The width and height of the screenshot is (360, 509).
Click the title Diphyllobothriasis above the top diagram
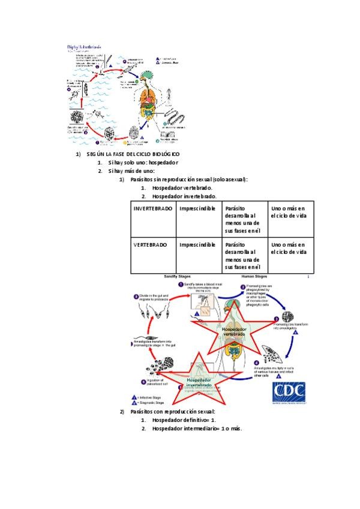(x=84, y=46)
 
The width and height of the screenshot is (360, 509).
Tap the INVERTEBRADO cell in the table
(x=152, y=208)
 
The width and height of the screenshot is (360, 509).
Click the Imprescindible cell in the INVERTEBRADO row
(x=197, y=208)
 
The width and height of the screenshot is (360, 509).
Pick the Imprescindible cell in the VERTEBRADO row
(x=197, y=245)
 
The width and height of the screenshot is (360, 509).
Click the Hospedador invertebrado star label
(x=199, y=382)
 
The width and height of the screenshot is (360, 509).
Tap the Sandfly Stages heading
(x=177, y=277)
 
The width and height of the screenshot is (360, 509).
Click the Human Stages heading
(x=255, y=277)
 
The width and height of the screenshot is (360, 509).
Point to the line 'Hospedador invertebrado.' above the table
(x=184, y=196)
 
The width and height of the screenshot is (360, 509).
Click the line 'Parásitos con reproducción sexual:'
(x=172, y=412)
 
